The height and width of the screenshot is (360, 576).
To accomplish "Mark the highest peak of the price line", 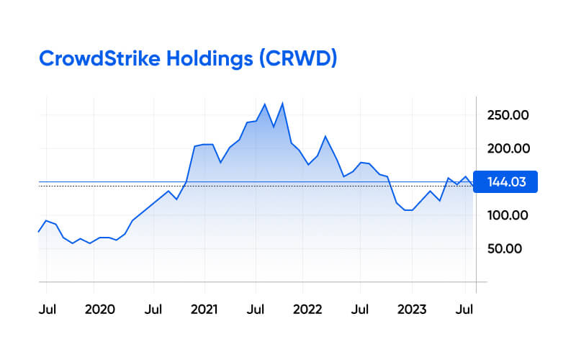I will [282, 103].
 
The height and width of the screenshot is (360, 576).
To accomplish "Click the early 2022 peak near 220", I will [325, 136].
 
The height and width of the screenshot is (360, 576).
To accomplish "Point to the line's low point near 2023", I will [408, 210].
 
